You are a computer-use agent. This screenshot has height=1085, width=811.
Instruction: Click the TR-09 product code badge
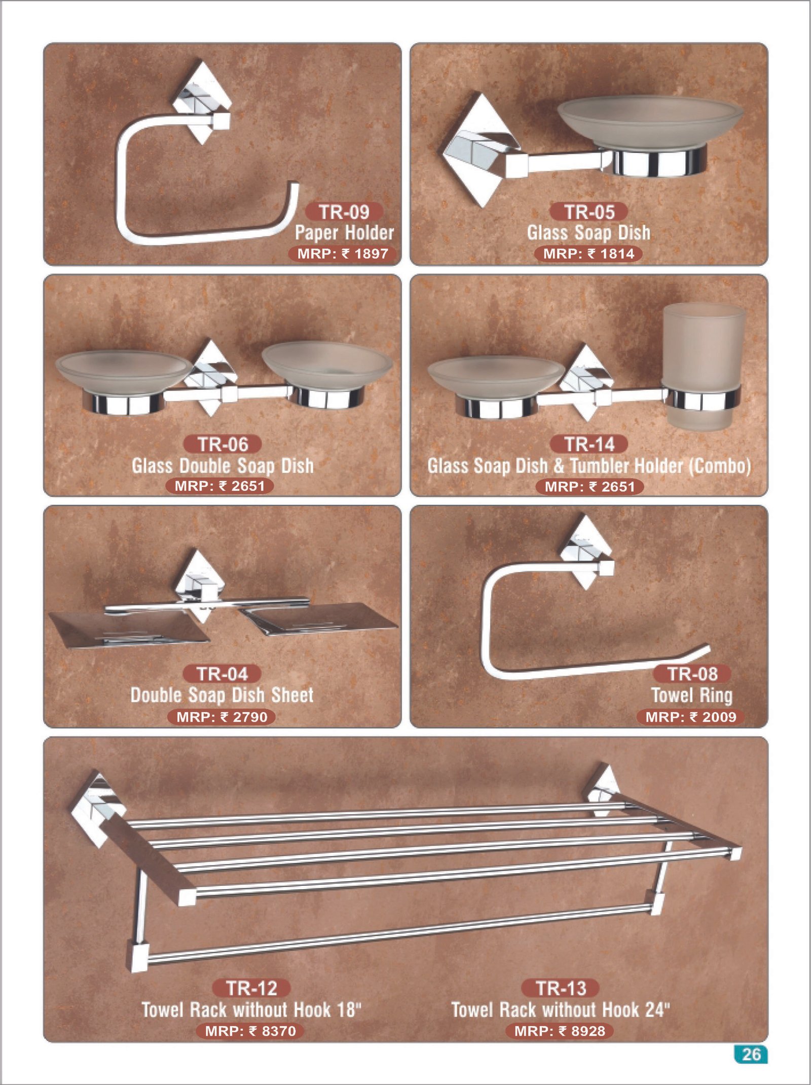[344, 212]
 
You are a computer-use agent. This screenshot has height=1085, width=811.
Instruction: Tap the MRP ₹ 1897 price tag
[342, 254]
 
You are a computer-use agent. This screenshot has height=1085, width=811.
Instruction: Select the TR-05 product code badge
[589, 212]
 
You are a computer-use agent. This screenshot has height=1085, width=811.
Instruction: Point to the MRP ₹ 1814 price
[588, 254]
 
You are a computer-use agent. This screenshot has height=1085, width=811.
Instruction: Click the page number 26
[751, 1055]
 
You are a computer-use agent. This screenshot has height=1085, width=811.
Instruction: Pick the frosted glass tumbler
[703, 366]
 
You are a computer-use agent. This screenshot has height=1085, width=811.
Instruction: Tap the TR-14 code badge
[589, 444]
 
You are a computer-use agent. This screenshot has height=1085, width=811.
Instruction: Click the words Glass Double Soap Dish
[223, 466]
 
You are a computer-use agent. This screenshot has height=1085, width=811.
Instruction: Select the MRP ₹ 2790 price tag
[222, 717]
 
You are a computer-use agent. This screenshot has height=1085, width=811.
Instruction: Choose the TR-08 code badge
[692, 674]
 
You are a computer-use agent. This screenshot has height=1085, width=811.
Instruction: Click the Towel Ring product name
[692, 695]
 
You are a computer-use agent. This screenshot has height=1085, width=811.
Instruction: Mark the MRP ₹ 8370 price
[250, 1031]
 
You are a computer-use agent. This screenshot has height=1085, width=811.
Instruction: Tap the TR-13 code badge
[561, 988]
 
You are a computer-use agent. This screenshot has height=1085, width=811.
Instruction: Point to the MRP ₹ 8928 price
[560, 1031]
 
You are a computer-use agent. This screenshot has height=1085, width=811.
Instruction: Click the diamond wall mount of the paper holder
[202, 102]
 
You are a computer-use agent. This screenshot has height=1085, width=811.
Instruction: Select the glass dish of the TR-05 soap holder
[650, 122]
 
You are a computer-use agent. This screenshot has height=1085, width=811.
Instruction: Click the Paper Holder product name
[345, 233]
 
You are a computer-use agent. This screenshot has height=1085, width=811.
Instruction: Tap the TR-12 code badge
[251, 988]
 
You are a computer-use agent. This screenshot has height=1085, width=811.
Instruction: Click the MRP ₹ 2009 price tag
[691, 717]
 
